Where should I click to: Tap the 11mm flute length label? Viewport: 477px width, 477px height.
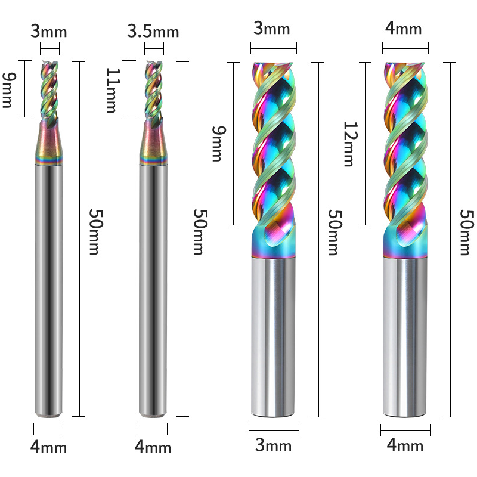(x=113, y=89)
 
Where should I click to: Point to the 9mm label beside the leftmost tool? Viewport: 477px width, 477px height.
(x=8, y=89)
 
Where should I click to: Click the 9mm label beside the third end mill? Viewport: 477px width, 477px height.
(x=217, y=143)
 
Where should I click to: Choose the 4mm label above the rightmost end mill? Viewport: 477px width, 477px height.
(x=404, y=29)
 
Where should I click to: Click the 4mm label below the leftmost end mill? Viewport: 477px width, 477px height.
(x=49, y=447)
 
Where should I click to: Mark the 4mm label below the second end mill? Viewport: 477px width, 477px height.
(x=153, y=447)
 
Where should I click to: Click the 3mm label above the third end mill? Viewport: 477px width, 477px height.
(x=272, y=29)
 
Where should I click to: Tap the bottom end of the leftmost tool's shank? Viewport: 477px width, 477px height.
(x=49, y=411)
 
